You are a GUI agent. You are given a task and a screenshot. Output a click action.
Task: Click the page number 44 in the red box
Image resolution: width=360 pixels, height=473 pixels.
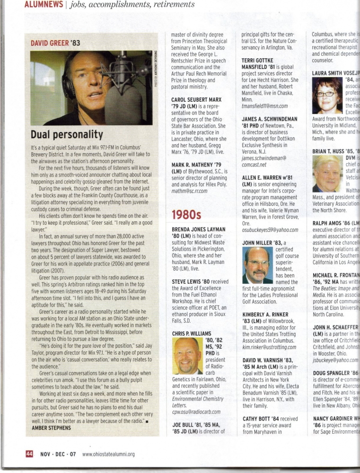[x=29, y=454]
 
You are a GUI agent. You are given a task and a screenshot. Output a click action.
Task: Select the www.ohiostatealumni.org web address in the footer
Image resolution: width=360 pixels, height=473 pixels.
[x=108, y=455]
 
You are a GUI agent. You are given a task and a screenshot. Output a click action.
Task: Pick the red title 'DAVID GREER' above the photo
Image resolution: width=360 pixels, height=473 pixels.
[x=50, y=43]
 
